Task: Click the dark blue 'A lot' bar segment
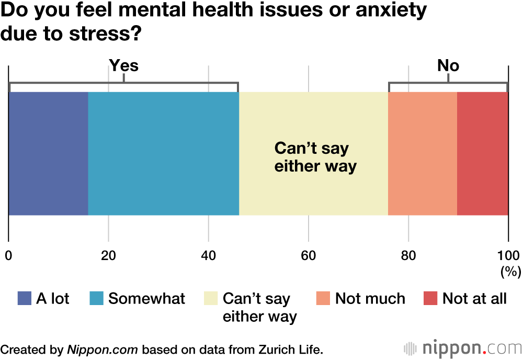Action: pos(48,153)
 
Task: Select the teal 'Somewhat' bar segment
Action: pos(163,153)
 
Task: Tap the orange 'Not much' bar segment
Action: pos(423,153)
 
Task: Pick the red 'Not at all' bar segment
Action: pos(482,153)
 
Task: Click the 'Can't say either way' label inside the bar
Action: pos(315,157)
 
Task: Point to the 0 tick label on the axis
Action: pos(8,256)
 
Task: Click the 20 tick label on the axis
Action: pos(108,256)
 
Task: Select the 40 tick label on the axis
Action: pos(208,256)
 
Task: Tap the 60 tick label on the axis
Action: pos(308,256)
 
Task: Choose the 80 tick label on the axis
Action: pos(408,256)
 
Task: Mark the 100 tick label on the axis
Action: pos(508,256)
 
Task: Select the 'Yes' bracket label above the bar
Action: pos(123,65)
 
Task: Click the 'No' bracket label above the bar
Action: pos(448,65)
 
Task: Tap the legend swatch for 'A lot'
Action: pos(25,298)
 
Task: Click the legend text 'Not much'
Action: pos(370,299)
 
